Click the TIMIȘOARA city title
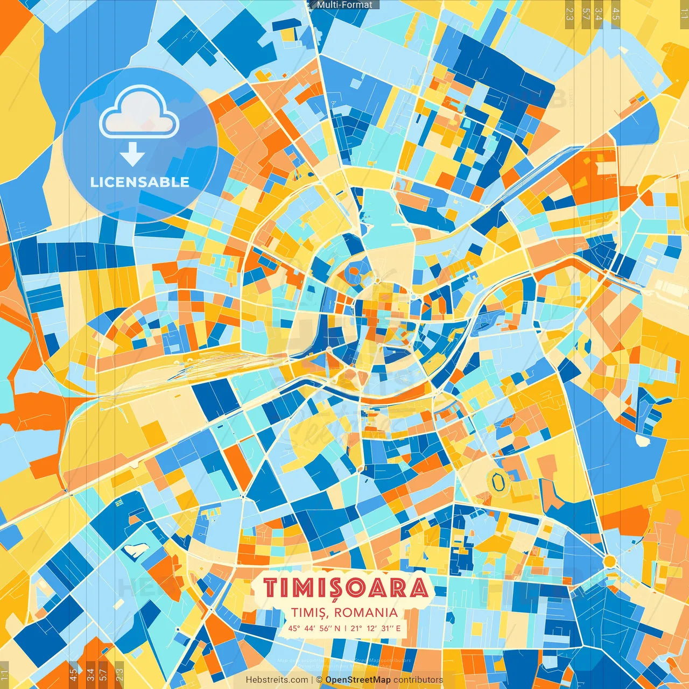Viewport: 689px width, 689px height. (345, 588)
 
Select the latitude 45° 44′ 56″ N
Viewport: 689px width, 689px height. (314, 628)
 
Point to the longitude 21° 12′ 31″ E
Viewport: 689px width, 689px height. (376, 628)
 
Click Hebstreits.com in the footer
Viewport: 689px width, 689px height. (277, 680)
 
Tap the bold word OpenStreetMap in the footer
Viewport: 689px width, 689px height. (358, 680)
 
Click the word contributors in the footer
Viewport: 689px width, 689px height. (418, 680)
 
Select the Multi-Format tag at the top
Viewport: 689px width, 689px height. (344, 5)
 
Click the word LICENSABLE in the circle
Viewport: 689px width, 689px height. (140, 182)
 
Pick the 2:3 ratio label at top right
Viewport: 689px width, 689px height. (570, 13)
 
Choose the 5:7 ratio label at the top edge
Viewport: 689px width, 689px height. (586, 13)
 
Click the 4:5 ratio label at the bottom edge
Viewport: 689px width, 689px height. (73, 675)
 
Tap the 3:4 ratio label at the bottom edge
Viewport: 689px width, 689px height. (90, 675)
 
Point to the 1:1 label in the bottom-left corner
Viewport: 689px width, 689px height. (4, 675)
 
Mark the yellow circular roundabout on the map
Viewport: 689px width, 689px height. (609, 561)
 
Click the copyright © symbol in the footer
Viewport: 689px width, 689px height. (319, 680)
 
